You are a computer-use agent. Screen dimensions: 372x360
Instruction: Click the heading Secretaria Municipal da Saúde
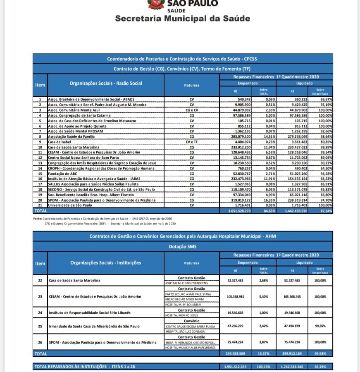(x=182, y=19)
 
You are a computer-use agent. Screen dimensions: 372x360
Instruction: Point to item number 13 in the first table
(x=40, y=163)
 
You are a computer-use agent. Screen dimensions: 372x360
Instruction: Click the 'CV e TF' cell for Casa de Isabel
(x=191, y=142)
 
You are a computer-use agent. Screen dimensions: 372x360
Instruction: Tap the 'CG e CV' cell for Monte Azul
(x=191, y=110)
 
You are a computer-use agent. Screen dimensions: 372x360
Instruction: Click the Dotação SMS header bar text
(x=182, y=246)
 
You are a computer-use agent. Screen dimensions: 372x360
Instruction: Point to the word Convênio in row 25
(x=191, y=321)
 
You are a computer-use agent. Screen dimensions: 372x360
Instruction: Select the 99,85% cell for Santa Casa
(x=320, y=326)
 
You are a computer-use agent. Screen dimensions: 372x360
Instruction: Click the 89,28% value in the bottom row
(x=320, y=367)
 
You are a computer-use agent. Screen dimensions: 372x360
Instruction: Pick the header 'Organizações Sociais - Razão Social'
(x=106, y=83)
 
